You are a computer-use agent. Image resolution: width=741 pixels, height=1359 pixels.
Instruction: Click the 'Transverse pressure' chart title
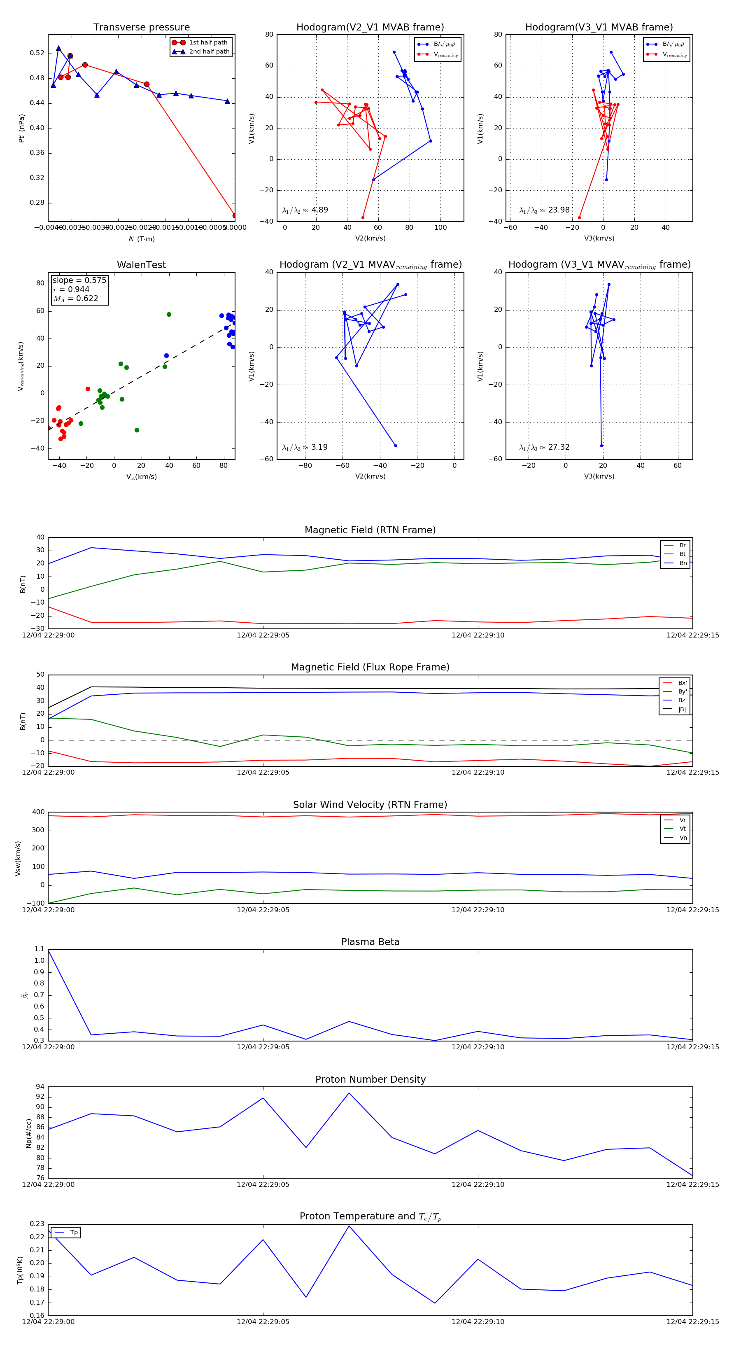pyautogui.click(x=141, y=28)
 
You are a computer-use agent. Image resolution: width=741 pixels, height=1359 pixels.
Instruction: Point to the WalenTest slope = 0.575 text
pyautogui.click(x=79, y=280)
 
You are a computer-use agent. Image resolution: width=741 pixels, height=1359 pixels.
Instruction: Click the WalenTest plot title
pyautogui.click(x=141, y=265)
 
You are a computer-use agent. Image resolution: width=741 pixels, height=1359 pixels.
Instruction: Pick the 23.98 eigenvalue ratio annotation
pyautogui.click(x=545, y=210)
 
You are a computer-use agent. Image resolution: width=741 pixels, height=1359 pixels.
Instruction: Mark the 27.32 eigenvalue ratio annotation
pyautogui.click(x=545, y=447)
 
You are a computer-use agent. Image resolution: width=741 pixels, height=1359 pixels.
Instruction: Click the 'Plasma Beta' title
pyautogui.click(x=370, y=942)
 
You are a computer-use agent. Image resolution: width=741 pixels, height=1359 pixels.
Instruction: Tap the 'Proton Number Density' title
pyautogui.click(x=370, y=1079)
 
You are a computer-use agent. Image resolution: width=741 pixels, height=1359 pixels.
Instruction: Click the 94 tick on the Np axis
pyautogui.click(x=40, y=1087)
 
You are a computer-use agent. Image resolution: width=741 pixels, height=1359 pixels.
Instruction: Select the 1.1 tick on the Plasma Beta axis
pyautogui.click(x=39, y=949)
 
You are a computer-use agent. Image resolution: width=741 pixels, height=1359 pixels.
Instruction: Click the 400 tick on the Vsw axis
pyautogui.click(x=38, y=812)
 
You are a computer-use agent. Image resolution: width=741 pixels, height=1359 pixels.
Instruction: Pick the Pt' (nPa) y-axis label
pyautogui.click(x=22, y=128)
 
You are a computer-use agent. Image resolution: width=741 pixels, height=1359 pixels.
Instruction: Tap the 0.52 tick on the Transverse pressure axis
pyautogui.click(x=37, y=53)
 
